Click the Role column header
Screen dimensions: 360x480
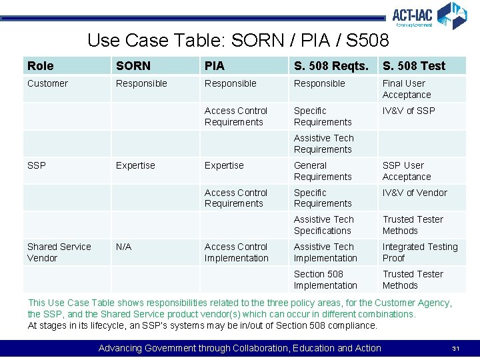41,66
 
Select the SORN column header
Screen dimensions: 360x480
133,66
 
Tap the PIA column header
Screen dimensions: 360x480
215,66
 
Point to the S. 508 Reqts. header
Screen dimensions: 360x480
331,66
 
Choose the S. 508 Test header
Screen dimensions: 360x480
413,66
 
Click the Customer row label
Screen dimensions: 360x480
47,83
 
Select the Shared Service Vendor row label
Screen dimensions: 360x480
59,252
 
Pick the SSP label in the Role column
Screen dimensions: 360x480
37,165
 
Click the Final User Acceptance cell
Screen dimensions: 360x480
407,89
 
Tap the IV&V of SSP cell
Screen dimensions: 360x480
408,111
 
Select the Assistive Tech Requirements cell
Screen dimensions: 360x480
324,143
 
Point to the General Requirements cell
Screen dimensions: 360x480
323,171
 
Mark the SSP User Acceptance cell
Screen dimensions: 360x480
407,171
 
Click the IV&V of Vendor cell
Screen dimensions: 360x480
415,193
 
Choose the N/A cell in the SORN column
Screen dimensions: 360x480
124,247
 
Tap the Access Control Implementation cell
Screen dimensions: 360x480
237,252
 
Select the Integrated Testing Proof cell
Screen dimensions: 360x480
420,252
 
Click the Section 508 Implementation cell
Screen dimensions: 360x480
325,279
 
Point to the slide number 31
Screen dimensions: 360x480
456,349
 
